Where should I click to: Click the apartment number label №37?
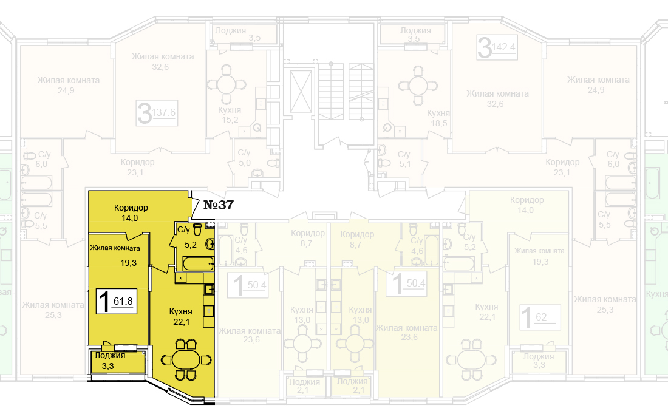[x=218, y=205]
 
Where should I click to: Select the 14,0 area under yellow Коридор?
[x=131, y=217]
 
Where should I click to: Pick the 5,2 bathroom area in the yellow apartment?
[x=190, y=245]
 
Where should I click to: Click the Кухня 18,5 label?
[x=438, y=118]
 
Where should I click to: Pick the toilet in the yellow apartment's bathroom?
[x=197, y=230]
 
